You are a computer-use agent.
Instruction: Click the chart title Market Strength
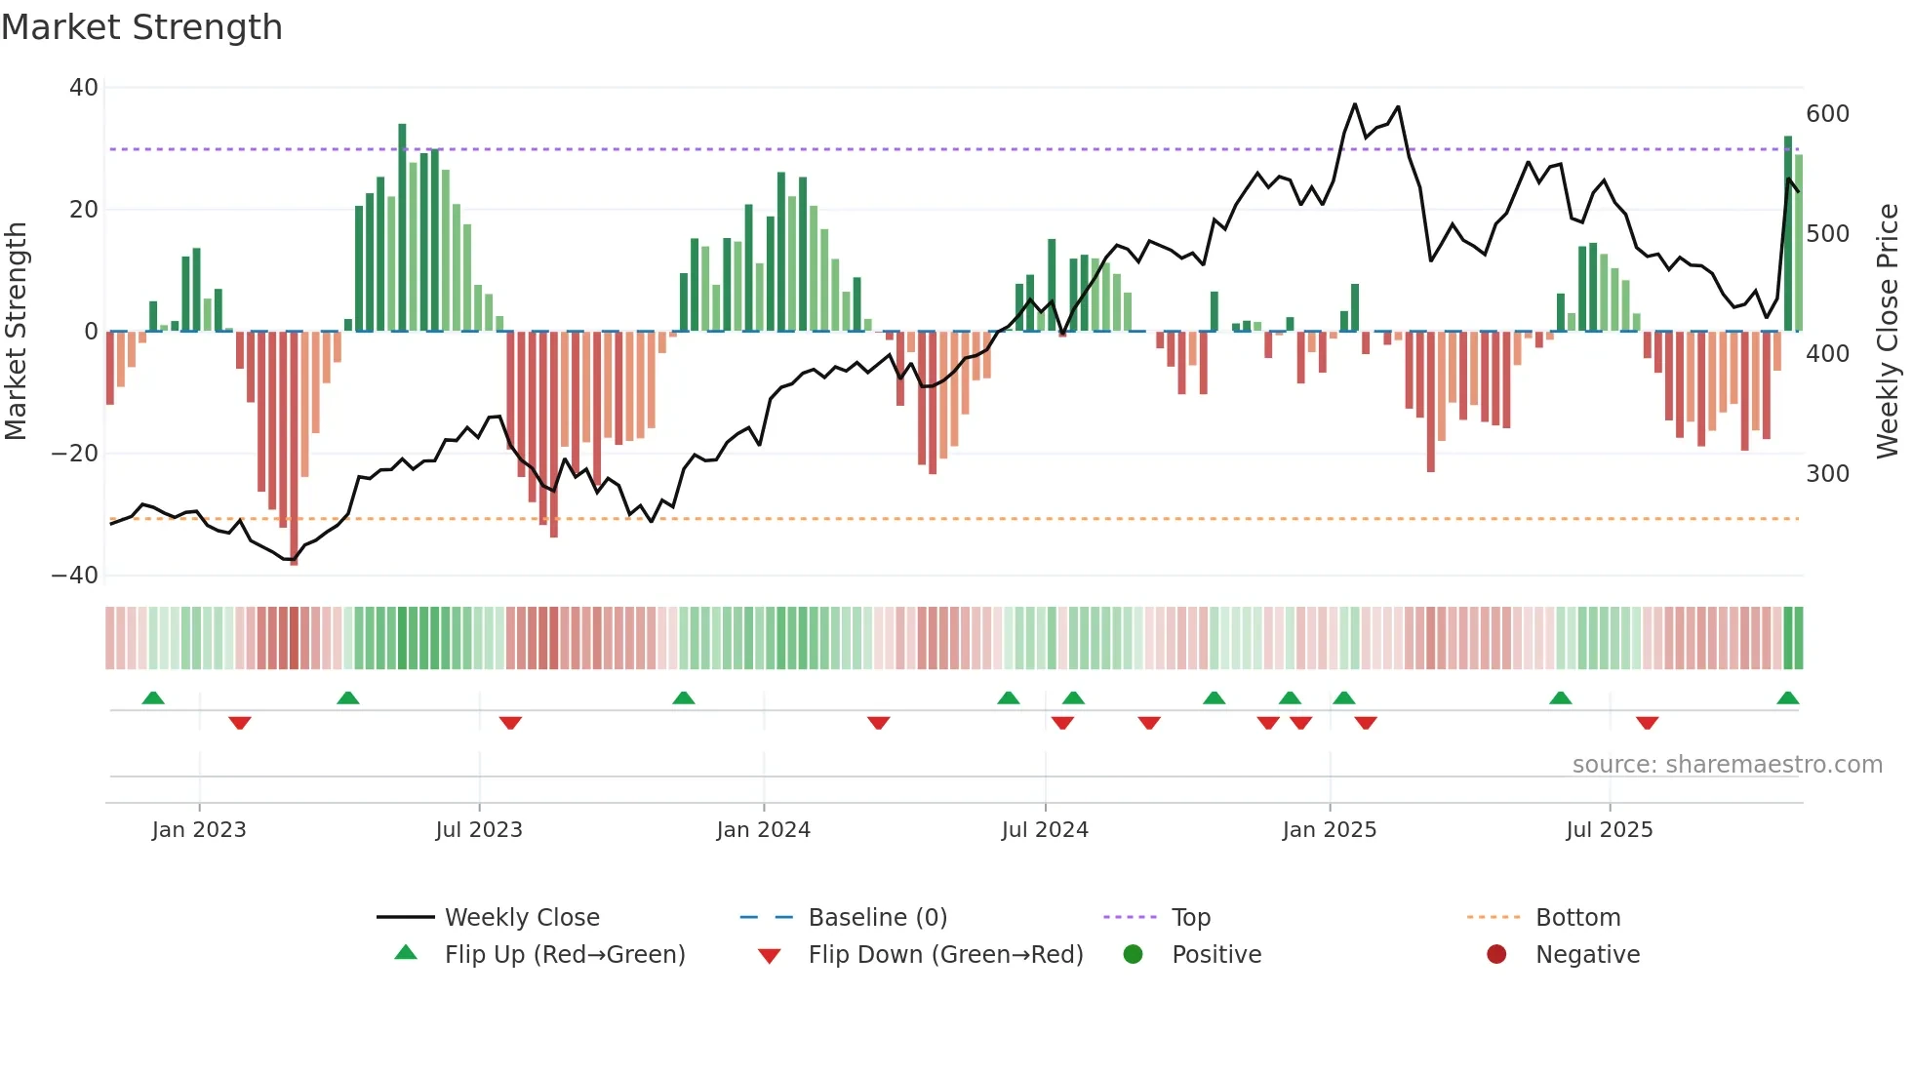(x=141, y=27)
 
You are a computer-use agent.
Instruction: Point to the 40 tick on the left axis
(x=84, y=88)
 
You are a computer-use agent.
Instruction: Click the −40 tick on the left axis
(x=75, y=576)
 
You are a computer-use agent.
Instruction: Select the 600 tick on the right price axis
(x=1827, y=114)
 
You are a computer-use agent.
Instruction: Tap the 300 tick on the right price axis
(x=1827, y=474)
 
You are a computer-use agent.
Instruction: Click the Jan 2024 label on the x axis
(x=763, y=830)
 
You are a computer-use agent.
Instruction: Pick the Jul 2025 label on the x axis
(x=1609, y=830)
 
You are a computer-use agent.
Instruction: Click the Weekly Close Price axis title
(x=1888, y=332)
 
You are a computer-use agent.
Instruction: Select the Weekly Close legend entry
(x=522, y=918)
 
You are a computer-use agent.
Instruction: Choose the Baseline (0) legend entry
(x=877, y=918)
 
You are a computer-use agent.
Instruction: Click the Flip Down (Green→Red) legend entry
(x=945, y=955)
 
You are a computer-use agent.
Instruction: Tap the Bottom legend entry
(x=1577, y=918)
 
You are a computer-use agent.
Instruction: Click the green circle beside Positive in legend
(x=1133, y=955)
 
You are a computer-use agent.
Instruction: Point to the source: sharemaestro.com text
(x=1727, y=765)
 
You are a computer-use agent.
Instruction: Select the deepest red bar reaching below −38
(x=294, y=449)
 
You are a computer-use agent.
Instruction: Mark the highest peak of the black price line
(x=1354, y=104)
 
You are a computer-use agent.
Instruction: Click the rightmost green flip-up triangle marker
(x=1787, y=698)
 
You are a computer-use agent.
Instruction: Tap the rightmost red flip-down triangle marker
(x=1647, y=723)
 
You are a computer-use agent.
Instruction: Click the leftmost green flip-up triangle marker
(x=153, y=698)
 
